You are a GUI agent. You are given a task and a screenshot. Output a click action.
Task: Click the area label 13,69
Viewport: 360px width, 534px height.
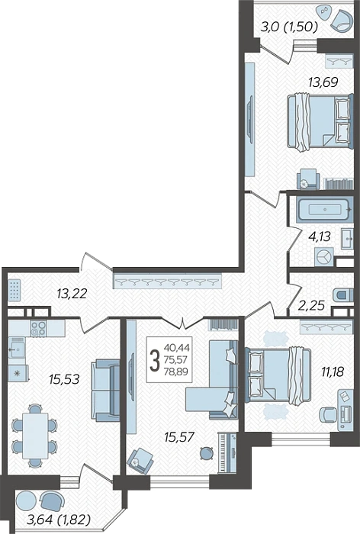click(x=323, y=82)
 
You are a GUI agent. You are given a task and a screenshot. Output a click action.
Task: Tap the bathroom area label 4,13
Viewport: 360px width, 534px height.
click(x=319, y=236)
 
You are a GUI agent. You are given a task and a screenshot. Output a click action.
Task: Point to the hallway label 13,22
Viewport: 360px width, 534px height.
click(x=72, y=293)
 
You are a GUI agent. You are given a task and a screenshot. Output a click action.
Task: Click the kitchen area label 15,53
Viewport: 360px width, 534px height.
click(x=64, y=378)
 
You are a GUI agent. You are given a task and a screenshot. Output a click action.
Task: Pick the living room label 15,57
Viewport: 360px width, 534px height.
click(x=179, y=436)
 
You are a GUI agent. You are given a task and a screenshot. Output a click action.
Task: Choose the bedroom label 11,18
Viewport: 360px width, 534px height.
click(x=333, y=372)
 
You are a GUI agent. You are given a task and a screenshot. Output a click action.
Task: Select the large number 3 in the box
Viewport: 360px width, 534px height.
click(x=155, y=361)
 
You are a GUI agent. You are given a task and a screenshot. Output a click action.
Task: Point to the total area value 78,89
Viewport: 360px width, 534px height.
click(x=176, y=372)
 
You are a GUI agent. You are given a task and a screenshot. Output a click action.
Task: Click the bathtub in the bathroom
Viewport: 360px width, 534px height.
click(x=324, y=209)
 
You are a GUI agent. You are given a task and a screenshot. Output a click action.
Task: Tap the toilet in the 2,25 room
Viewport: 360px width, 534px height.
click(x=341, y=295)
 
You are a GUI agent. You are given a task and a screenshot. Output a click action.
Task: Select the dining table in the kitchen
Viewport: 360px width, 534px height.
click(x=35, y=436)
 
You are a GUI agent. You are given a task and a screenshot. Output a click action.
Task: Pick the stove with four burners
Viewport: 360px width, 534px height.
click(x=38, y=328)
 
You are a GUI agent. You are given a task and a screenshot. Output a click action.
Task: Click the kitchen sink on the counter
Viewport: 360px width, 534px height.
click(x=16, y=347)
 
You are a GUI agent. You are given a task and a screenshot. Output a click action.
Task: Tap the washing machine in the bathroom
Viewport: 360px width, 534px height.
click(x=324, y=257)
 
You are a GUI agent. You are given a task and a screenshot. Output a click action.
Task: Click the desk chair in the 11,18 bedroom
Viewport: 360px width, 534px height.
click(x=327, y=414)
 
